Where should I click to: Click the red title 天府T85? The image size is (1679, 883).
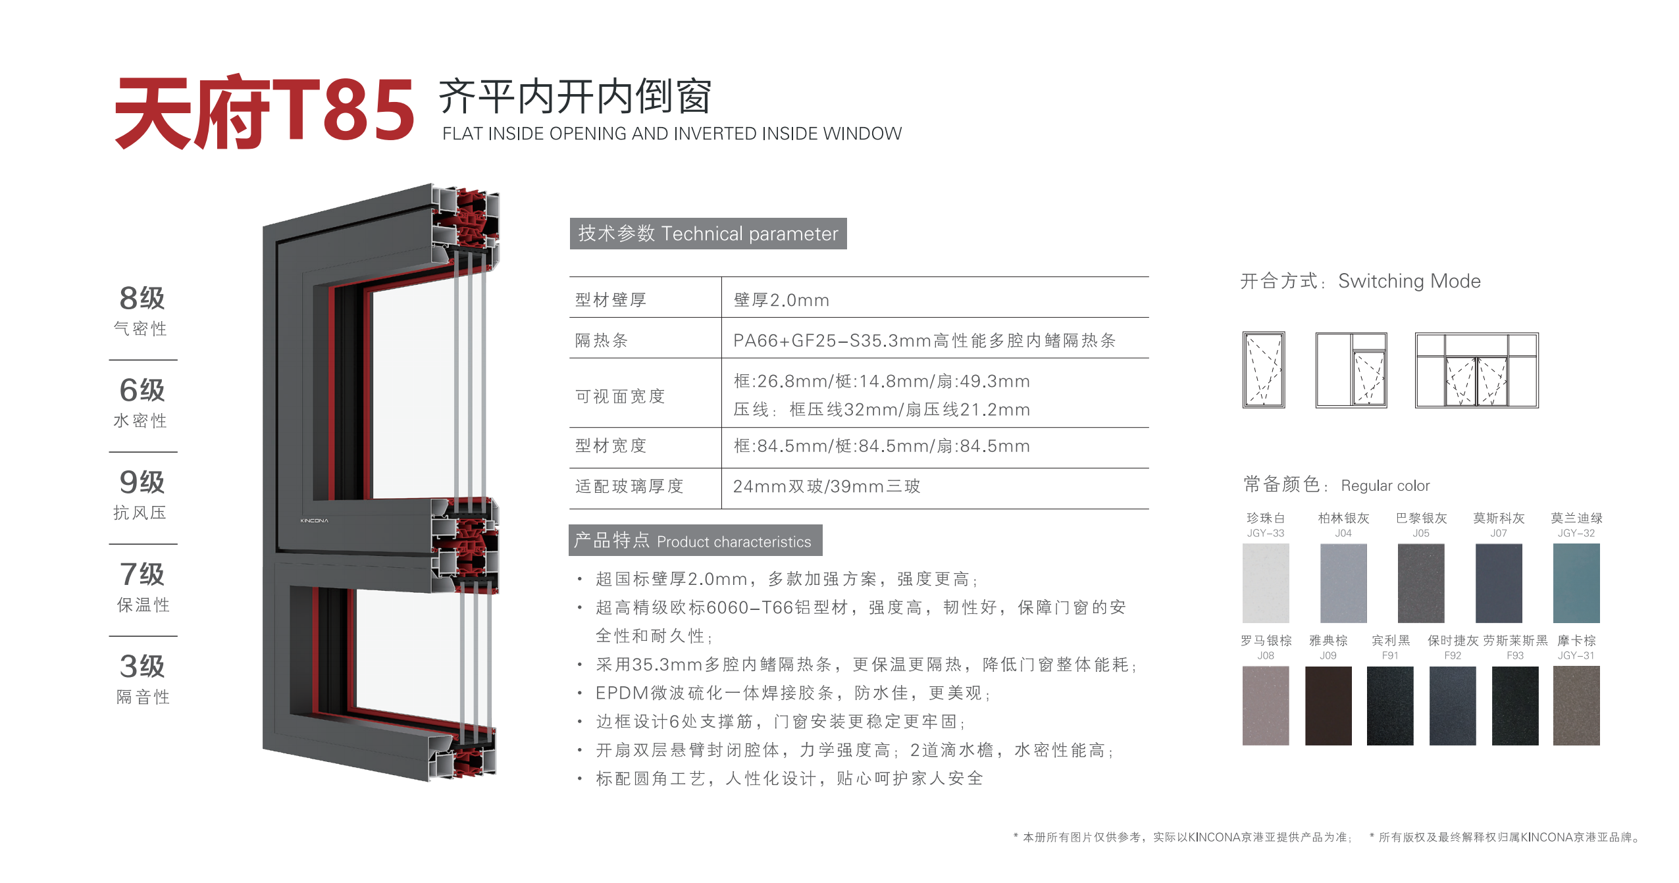(265, 112)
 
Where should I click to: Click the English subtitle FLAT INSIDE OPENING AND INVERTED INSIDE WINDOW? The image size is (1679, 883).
(672, 134)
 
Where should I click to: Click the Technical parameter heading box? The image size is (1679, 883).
(708, 234)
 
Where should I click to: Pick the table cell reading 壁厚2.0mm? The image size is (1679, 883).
(781, 300)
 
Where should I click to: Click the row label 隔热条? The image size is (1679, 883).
(602, 340)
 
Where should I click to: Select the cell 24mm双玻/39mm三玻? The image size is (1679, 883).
(827, 486)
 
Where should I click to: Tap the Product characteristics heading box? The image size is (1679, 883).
(696, 540)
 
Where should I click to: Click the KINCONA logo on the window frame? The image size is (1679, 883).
(315, 520)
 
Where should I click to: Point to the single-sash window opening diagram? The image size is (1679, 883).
(1264, 370)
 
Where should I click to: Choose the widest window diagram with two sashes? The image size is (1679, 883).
(1477, 370)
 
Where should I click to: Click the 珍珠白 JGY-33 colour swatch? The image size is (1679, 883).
(1266, 583)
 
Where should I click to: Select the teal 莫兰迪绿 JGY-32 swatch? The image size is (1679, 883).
(1576, 583)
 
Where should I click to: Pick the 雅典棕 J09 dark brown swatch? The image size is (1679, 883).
(1328, 705)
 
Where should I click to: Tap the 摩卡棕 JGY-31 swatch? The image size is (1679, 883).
(1576, 705)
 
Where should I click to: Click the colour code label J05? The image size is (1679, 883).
(1421, 533)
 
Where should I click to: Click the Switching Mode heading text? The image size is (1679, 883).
(1409, 281)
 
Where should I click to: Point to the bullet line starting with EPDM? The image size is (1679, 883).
(793, 693)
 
